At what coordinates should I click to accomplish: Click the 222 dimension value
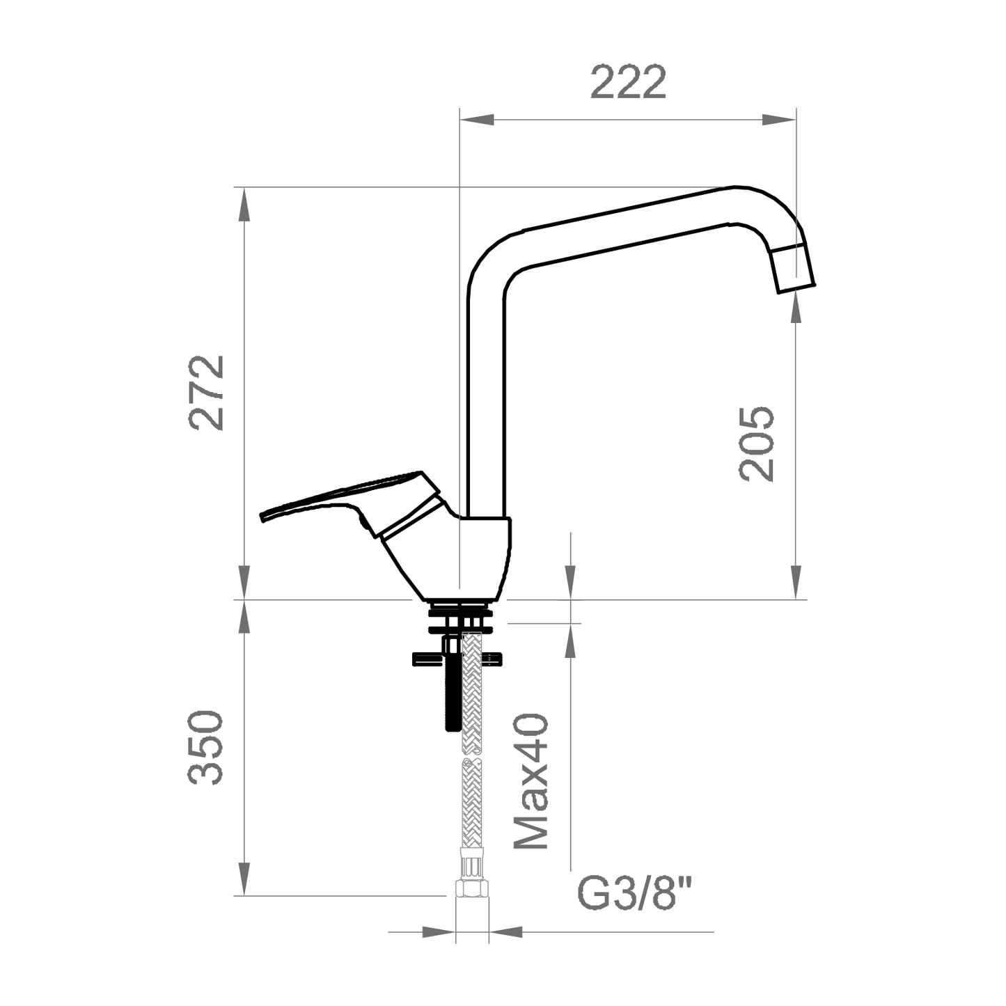tap(628, 82)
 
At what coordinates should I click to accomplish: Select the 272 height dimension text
tap(207, 393)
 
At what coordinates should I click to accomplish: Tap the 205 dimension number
tap(757, 443)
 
